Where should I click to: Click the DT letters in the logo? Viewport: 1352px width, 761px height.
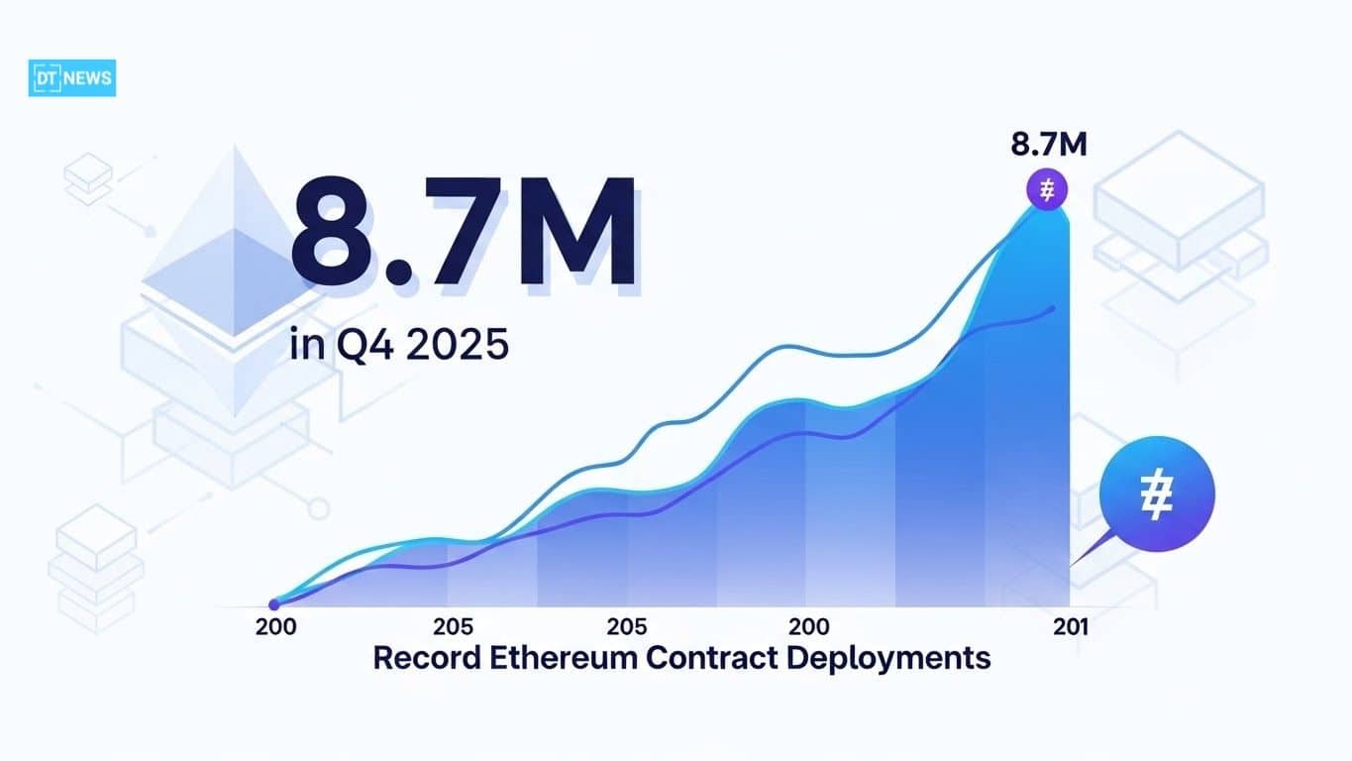46,78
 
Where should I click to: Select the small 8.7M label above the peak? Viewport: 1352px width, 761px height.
1049,145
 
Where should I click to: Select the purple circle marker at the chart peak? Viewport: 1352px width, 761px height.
1048,188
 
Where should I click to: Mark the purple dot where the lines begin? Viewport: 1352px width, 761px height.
274,604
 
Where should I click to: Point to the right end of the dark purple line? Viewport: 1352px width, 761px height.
1053,308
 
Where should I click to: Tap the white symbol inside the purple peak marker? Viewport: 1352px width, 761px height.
1048,188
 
